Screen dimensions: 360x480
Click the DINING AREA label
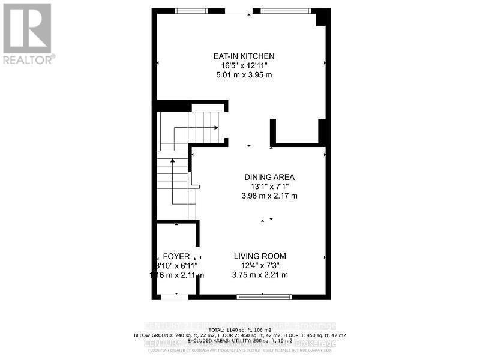[269, 177]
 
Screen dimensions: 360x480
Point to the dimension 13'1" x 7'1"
[269, 187]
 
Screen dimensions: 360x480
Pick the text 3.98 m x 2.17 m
[269, 196]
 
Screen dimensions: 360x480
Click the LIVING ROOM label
[260, 256]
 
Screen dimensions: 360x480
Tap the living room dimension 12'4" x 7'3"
[260, 266]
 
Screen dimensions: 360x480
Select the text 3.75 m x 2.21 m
[260, 275]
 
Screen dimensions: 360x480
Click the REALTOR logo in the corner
[28, 33]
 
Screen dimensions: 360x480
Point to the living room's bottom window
[264, 297]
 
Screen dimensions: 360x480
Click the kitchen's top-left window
[191, 10]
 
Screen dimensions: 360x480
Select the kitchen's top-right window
[286, 10]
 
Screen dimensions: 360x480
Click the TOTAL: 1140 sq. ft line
[240, 329]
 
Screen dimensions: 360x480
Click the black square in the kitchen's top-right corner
[323, 17]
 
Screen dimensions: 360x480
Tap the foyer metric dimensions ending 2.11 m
[176, 275]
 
